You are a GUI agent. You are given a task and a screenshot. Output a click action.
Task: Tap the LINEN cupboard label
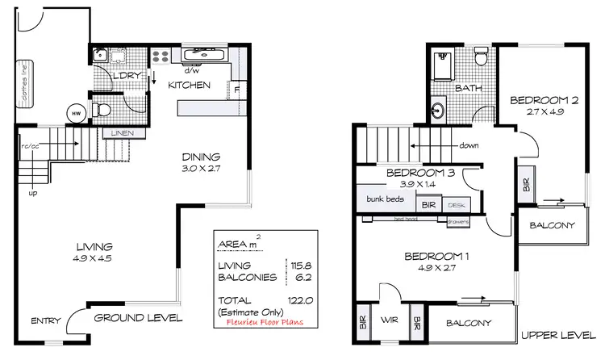click(123, 133)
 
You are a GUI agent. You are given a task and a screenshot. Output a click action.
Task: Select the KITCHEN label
click(190, 86)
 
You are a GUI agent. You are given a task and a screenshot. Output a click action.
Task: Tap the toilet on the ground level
click(101, 108)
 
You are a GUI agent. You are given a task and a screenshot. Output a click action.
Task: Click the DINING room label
click(199, 159)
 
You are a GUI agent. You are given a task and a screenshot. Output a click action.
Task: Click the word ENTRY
click(46, 320)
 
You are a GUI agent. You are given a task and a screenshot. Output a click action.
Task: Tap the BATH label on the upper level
click(469, 88)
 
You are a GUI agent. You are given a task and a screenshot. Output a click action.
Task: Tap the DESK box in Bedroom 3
click(456, 206)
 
